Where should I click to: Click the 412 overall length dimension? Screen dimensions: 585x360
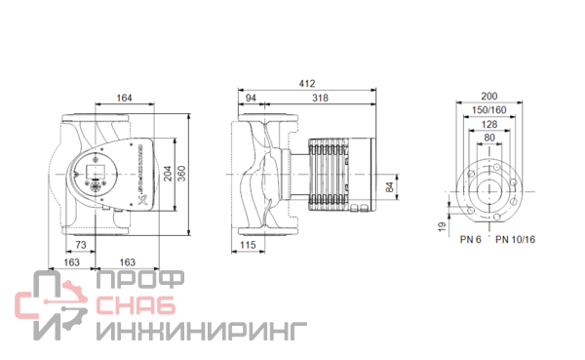(x=307, y=84)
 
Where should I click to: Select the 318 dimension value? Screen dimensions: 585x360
(x=320, y=98)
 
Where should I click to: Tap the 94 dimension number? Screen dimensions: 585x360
(x=251, y=98)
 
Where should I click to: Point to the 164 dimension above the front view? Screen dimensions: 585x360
(x=124, y=98)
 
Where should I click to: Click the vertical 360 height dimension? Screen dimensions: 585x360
(x=181, y=174)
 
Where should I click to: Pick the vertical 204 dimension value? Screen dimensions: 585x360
(x=168, y=174)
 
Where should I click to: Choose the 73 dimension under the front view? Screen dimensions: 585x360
(x=81, y=245)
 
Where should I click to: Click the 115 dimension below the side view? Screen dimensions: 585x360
(x=248, y=245)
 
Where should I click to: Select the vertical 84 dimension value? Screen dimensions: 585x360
(x=389, y=187)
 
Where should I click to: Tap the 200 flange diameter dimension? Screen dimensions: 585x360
(x=489, y=96)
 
